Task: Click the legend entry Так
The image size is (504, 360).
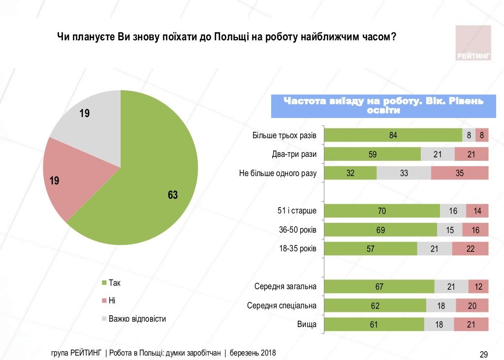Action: [x=114, y=283]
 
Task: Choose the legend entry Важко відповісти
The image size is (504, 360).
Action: [x=137, y=319]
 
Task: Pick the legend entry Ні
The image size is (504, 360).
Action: [x=112, y=300]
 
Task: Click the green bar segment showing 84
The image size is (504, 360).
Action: [x=393, y=135]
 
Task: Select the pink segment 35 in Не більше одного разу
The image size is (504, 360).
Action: [x=460, y=173]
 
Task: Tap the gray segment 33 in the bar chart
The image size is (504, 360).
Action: [x=404, y=173]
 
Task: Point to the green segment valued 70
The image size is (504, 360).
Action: [x=382, y=211]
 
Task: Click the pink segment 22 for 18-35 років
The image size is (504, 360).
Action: [x=470, y=249]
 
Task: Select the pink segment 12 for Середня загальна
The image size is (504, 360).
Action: [x=478, y=287]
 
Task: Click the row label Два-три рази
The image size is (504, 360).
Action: [x=294, y=154]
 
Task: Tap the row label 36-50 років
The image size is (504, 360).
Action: [x=297, y=230]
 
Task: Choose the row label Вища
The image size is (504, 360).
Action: [x=307, y=325]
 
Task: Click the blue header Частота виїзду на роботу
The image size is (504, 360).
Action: [x=383, y=106]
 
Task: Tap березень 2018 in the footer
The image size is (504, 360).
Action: [x=253, y=353]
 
